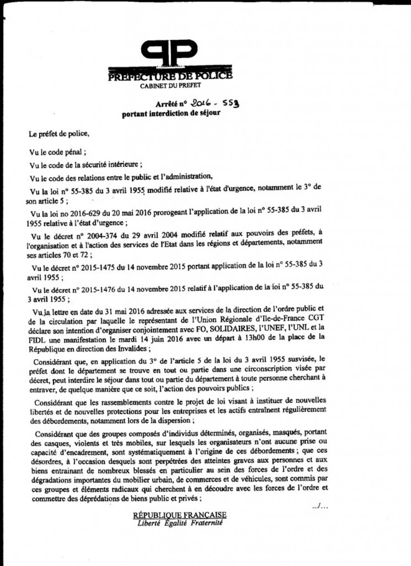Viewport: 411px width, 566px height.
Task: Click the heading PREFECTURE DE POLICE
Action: [x=169, y=76]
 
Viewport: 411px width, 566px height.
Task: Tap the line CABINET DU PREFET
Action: [x=169, y=85]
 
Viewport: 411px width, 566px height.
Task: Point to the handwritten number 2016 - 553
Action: [x=209, y=103]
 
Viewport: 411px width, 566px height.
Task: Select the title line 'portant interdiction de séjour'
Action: [x=171, y=114]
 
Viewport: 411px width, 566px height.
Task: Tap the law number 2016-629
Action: [x=86, y=213]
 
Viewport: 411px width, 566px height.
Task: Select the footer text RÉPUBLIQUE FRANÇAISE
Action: [x=179, y=515]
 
